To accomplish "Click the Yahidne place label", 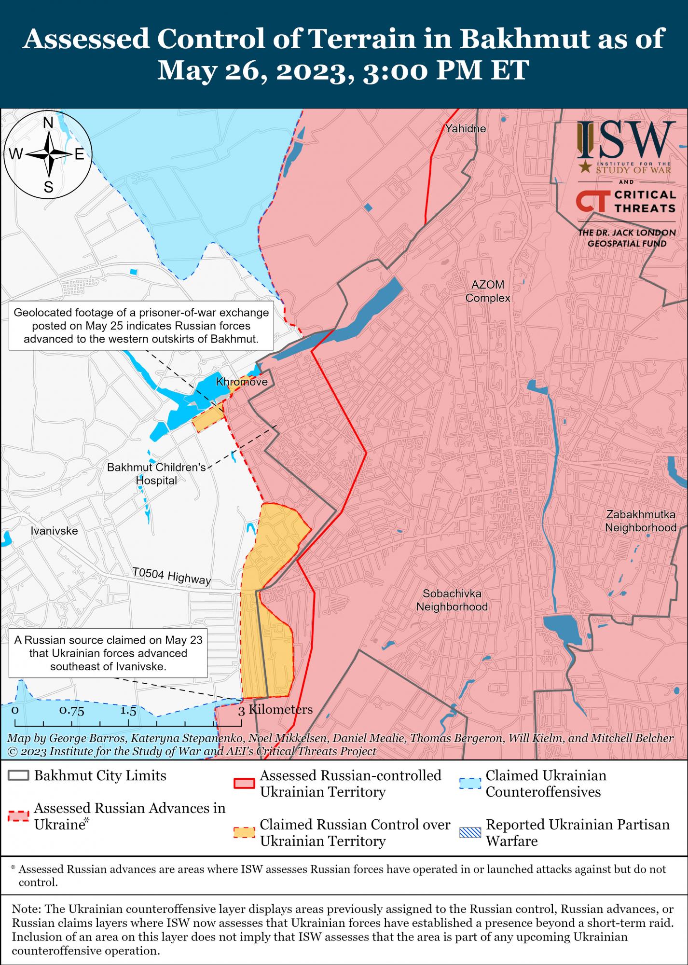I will [x=466, y=129].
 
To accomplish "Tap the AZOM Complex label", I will [x=487, y=291].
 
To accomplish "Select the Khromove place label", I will [x=241, y=382].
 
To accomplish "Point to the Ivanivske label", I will [x=54, y=531].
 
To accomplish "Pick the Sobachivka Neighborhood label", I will [x=452, y=600].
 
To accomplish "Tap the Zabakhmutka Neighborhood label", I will [x=641, y=521].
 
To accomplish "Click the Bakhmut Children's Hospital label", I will [x=156, y=474].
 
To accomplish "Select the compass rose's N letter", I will [x=48, y=124].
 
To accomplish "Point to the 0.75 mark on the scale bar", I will [x=72, y=711].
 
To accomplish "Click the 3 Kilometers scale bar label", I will [x=275, y=710].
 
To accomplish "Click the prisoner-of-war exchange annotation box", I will [x=141, y=326].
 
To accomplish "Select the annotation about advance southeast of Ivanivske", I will [x=108, y=653].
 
